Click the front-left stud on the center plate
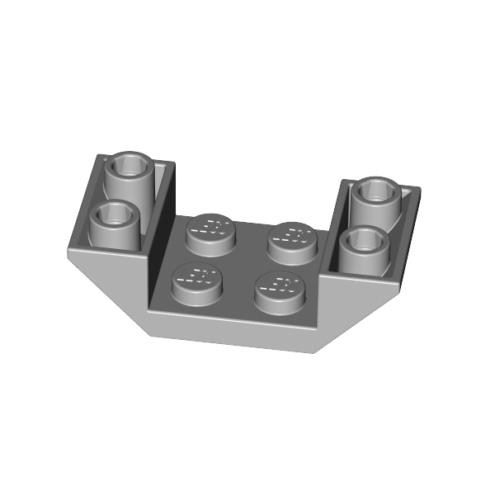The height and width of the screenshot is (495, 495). [x=197, y=283]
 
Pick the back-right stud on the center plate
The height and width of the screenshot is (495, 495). [x=293, y=240]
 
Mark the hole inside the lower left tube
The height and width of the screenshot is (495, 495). [x=112, y=217]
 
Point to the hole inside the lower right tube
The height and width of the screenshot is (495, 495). [x=363, y=240]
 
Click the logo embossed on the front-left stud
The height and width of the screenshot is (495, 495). [x=195, y=276]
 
